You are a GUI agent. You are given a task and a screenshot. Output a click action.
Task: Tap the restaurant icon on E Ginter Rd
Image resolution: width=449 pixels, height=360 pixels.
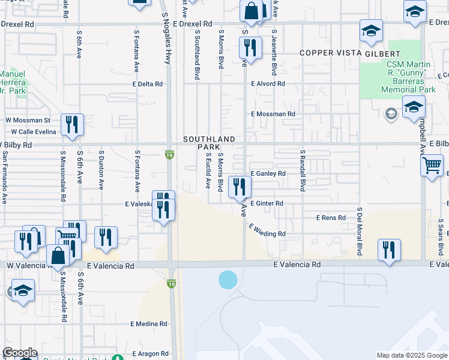point(239,187)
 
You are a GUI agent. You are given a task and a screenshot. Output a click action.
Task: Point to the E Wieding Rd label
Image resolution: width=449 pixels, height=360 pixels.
point(267,230)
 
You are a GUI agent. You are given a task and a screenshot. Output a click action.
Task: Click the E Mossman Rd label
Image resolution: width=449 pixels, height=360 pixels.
point(273,113)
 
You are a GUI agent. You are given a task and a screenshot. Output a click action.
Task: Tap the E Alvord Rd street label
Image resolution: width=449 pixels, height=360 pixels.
point(268,83)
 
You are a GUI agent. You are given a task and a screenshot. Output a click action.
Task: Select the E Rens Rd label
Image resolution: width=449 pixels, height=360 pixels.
point(331,218)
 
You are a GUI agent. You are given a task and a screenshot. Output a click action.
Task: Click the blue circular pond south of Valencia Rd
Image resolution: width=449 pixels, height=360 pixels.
point(228,280)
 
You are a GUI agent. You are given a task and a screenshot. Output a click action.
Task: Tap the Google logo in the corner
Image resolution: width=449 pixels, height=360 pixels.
point(20,353)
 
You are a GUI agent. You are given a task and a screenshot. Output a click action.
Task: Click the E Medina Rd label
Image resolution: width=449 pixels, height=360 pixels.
point(149,324)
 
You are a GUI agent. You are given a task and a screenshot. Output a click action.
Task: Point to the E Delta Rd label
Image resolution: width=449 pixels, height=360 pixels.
point(147,84)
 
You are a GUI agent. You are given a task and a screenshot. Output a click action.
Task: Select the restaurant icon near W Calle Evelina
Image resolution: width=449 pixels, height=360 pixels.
point(72,125)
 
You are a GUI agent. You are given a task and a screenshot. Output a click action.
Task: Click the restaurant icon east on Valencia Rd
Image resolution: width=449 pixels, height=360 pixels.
point(389,249)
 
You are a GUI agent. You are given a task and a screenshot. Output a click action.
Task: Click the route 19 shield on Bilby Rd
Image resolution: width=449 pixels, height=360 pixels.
point(170,155)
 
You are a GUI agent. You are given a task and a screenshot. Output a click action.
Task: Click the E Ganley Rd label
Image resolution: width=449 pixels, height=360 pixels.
point(268,173)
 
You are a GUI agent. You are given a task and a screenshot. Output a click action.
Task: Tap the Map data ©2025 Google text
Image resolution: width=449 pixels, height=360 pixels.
point(411,355)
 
